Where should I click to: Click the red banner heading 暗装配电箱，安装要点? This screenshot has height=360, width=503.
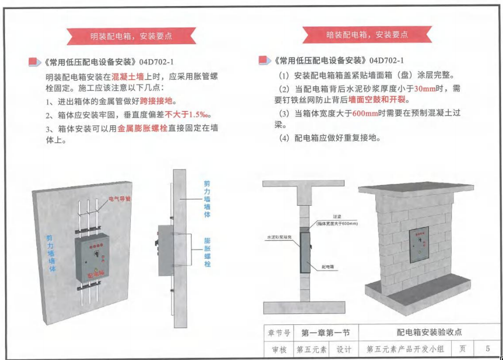(x=367, y=35)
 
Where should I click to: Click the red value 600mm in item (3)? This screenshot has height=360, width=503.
(x=366, y=113)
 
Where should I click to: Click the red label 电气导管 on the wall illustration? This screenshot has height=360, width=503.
(x=119, y=199)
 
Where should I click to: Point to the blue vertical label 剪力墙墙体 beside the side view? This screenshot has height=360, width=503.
(x=207, y=199)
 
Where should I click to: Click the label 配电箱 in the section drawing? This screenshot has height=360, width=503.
(x=328, y=267)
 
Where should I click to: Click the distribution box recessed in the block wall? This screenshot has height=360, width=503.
(x=422, y=245)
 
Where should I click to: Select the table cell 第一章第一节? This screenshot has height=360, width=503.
(x=325, y=333)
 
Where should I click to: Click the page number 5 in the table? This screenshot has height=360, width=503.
(x=487, y=348)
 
